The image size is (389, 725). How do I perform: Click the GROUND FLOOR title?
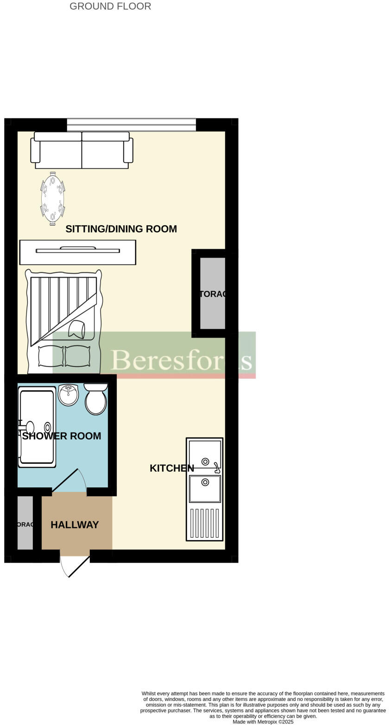(x=110, y=6)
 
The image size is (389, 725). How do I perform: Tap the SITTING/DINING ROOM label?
(x=121, y=229)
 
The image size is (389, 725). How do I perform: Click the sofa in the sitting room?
(x=82, y=150)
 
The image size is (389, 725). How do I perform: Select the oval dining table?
(x=52, y=199)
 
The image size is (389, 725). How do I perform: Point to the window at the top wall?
(x=131, y=125)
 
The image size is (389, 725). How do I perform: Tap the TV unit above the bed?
(x=77, y=252)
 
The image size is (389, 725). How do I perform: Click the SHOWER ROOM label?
(x=62, y=436)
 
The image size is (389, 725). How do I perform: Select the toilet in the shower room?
(x=96, y=400)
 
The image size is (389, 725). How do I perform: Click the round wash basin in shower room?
(x=68, y=395)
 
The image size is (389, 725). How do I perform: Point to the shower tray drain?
(x=47, y=427)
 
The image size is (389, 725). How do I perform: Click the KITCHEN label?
(x=172, y=468)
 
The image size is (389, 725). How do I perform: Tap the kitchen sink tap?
(x=216, y=467)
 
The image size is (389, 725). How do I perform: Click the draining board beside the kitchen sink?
(x=204, y=522)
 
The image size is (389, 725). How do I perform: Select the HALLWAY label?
(x=75, y=525)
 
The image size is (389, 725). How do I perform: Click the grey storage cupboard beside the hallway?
(x=25, y=523)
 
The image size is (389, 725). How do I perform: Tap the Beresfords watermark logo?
(x=181, y=360)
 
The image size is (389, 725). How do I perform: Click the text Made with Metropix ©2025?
(x=263, y=721)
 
